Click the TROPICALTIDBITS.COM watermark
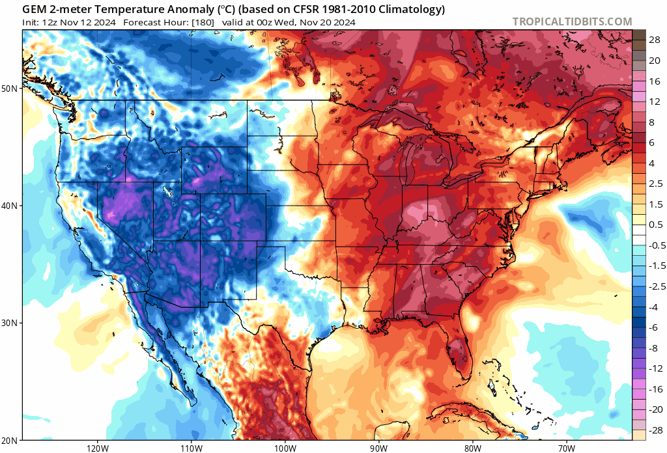pos(572,21)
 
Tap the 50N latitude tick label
pos(12,88)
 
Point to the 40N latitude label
pos(12,206)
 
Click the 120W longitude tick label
pos(97,447)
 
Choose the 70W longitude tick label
pos(565,447)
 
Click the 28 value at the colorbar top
pos(655,40)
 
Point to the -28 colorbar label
pos(655,430)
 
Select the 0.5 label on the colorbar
pos(655,225)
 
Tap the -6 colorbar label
pos(655,327)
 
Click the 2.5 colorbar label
pos(655,184)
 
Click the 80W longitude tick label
pos(472,447)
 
